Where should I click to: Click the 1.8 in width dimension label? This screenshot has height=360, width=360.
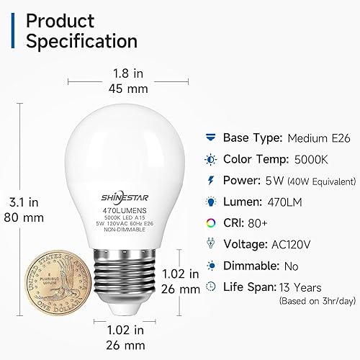coord(129,72)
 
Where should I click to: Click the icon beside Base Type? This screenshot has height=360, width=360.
coord(210,138)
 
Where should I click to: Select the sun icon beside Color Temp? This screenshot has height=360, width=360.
coord(210,158)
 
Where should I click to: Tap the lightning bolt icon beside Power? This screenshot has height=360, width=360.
coord(210,180)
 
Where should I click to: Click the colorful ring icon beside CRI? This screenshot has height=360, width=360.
coord(210,223)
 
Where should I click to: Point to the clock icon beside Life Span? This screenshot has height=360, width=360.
coord(210,286)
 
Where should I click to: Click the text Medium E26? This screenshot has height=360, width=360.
coord(315,138)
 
